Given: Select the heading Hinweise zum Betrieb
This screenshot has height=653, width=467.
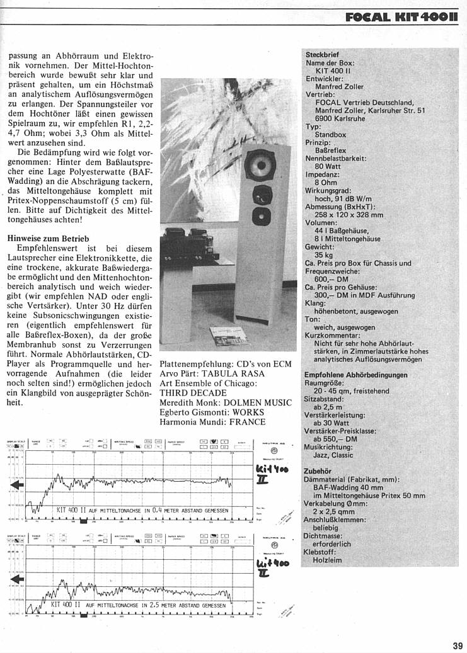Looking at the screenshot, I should (48, 239).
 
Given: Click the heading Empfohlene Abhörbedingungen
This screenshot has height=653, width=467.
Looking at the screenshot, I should (355, 375).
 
